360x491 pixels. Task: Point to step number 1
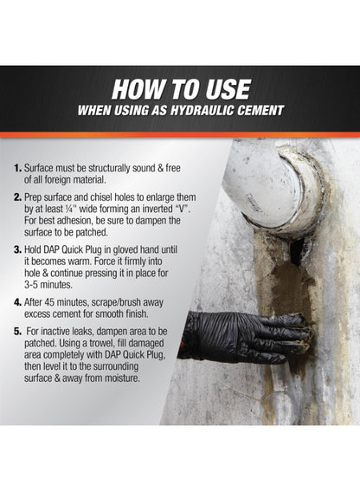point(17,168)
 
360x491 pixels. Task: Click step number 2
point(17,197)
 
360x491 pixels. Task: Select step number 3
point(17,249)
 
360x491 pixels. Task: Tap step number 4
point(17,302)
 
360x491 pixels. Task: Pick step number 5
point(17,332)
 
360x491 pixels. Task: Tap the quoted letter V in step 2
point(184,209)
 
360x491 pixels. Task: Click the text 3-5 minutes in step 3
point(48,285)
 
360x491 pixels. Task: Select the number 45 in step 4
point(50,302)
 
